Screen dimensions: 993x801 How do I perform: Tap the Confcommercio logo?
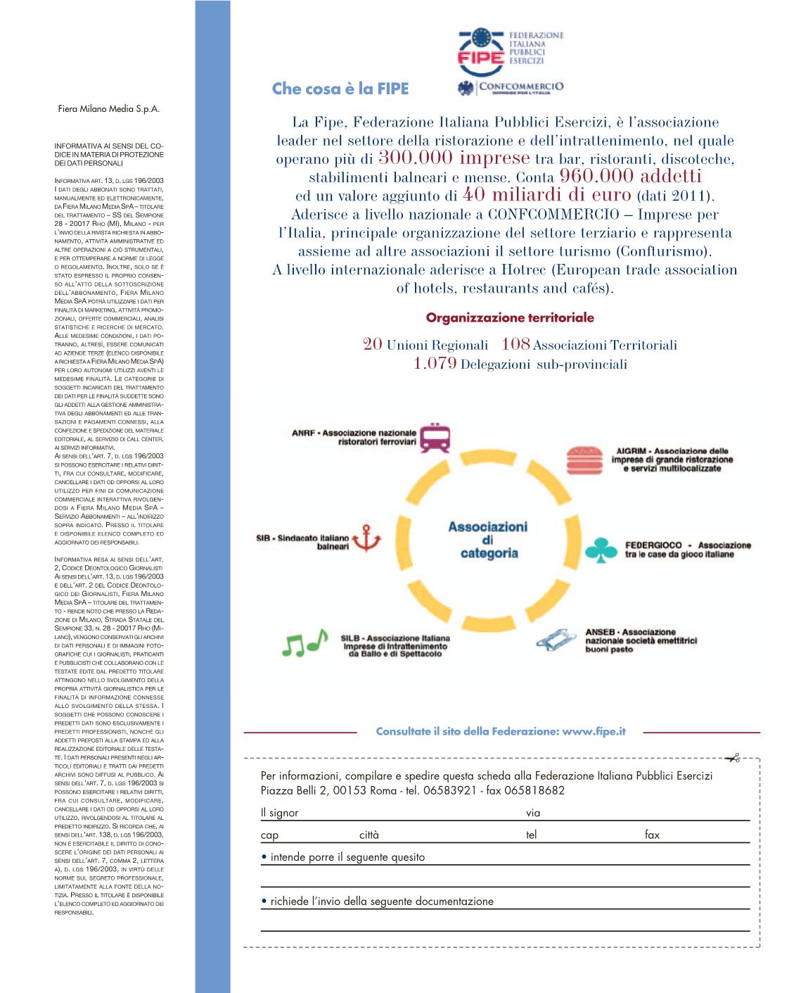pos(511,88)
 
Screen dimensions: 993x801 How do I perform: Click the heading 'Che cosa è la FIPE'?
pos(340,89)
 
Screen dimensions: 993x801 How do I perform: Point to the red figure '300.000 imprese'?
pos(454,158)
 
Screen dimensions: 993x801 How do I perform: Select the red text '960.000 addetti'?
pos(630,176)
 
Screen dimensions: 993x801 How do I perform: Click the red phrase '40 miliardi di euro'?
pos(547,195)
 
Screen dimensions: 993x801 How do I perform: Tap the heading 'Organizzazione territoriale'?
pos(510,317)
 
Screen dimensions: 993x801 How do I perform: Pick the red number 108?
pos(515,344)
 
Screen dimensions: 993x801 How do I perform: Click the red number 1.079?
pos(435,364)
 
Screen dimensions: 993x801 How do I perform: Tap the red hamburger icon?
pos(585,460)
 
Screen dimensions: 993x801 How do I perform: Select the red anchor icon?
pos(366,538)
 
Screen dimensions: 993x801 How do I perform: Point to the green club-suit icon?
pos(601,550)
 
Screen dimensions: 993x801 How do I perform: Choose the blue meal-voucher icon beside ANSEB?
pos(558,640)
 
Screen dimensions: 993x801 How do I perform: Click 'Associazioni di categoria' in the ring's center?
pos(488,540)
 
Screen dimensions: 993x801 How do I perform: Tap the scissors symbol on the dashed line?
pos(733,758)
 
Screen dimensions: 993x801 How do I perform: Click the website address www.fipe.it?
pos(594,731)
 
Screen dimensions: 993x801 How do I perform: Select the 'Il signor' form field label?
pos(279,813)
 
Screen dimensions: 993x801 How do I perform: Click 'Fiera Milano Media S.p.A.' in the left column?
pos(109,109)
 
